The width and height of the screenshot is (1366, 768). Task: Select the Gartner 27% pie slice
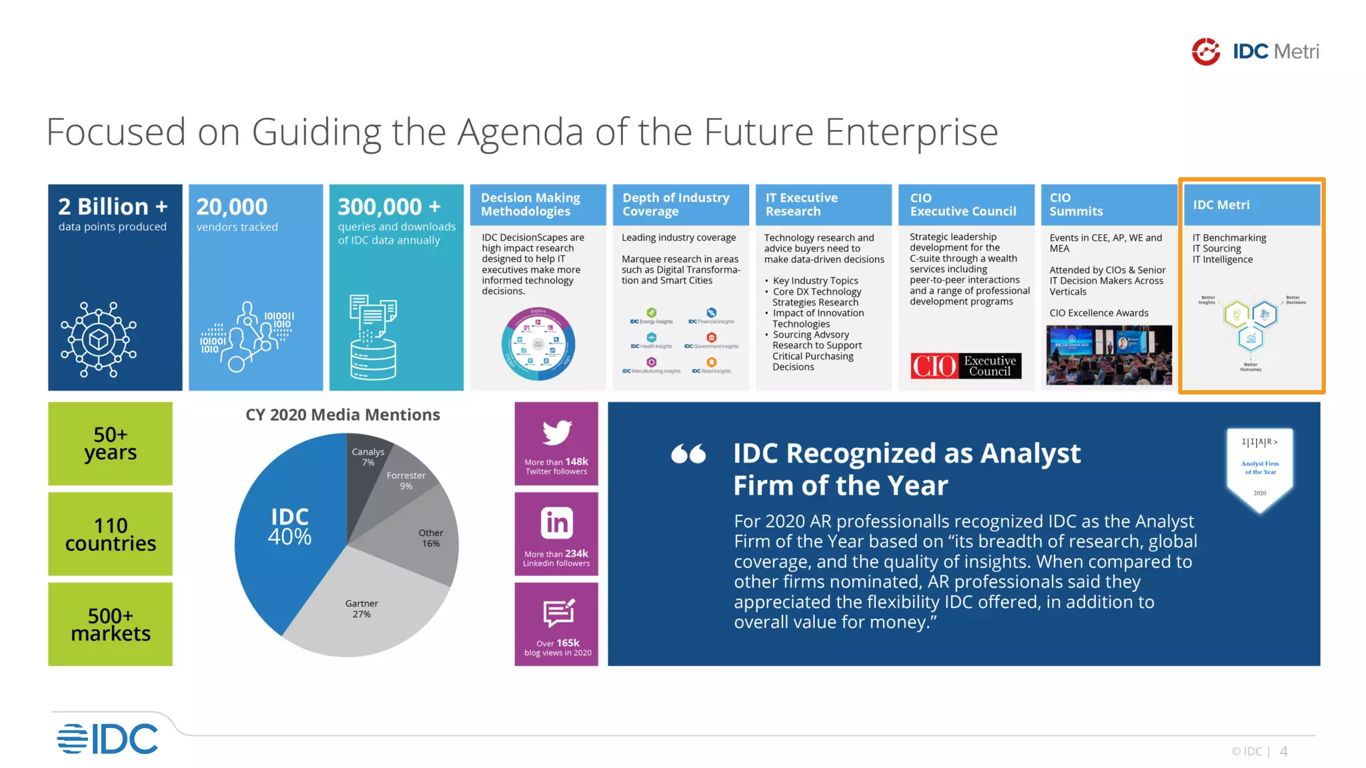362,608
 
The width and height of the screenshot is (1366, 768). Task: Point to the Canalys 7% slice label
368,457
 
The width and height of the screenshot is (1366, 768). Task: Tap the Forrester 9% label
406,480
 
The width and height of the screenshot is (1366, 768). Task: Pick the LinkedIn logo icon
557,523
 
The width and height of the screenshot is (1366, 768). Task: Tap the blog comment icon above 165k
558,613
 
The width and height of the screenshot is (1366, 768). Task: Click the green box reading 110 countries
111,534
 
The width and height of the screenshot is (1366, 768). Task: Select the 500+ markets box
111,624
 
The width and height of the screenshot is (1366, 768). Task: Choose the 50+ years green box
111,443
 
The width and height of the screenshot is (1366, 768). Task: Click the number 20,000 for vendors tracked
232,207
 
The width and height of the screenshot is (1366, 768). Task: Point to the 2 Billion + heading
113,207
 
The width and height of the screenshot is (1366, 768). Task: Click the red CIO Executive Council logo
966,365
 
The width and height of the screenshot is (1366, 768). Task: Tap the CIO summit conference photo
1109,355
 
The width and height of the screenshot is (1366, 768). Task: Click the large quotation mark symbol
688,454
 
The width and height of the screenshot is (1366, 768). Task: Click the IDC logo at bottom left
108,739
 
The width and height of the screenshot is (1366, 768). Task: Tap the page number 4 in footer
1283,751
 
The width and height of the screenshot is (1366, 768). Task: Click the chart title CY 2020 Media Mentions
343,415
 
